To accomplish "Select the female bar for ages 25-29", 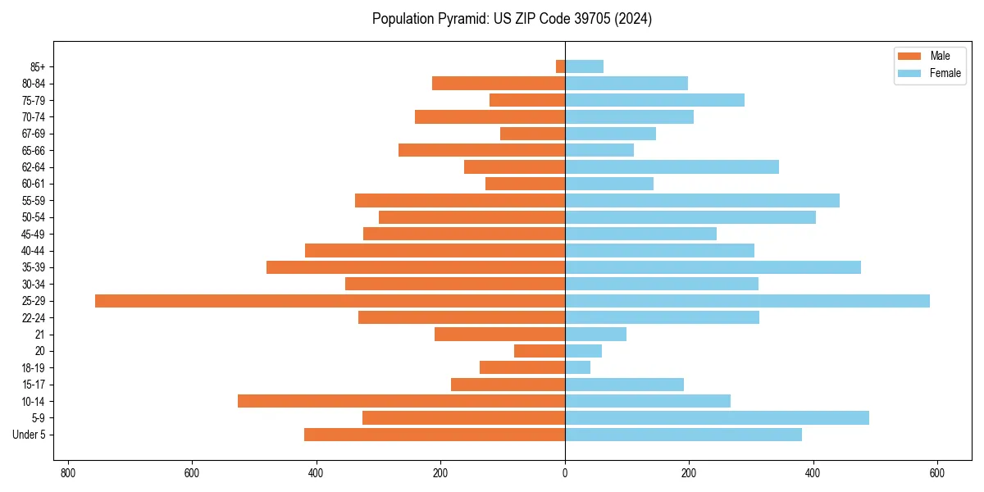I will point(747,301).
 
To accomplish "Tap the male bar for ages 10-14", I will point(401,401).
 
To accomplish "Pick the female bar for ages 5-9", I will point(717,417).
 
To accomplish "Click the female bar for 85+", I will point(584,66).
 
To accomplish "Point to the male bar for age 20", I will point(540,351).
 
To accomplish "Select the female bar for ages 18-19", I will point(577,367).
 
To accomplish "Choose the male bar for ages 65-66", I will point(481,150).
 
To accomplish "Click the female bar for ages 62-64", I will point(672,166).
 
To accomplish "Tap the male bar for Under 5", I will point(435,435).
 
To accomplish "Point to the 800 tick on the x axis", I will point(68,473).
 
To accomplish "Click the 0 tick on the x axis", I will point(565,473).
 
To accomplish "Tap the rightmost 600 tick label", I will point(937,473).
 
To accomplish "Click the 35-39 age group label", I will point(34,267).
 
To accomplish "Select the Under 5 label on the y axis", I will point(29,435).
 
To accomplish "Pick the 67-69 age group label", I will point(34,134).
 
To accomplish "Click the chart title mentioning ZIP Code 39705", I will point(512,19).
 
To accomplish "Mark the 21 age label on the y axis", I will point(39,335).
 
